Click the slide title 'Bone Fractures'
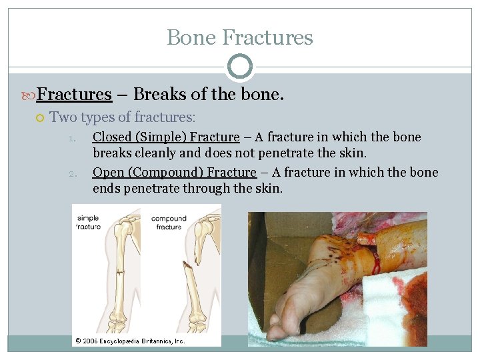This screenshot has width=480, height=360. (239, 37)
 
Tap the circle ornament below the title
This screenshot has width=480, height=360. (239, 67)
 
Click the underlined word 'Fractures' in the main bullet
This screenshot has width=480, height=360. (74, 95)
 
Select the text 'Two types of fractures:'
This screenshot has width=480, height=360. (122, 118)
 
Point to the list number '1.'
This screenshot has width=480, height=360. (75, 139)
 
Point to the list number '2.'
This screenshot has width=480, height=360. (75, 174)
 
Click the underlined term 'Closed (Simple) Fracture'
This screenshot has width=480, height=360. (165, 137)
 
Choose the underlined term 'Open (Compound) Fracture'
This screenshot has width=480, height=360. (174, 173)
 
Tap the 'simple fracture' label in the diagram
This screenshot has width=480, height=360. (88, 223)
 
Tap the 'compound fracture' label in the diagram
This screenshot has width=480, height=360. (169, 223)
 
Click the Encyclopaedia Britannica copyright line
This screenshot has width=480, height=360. (130, 341)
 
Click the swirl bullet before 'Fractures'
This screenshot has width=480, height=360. (29, 95)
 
